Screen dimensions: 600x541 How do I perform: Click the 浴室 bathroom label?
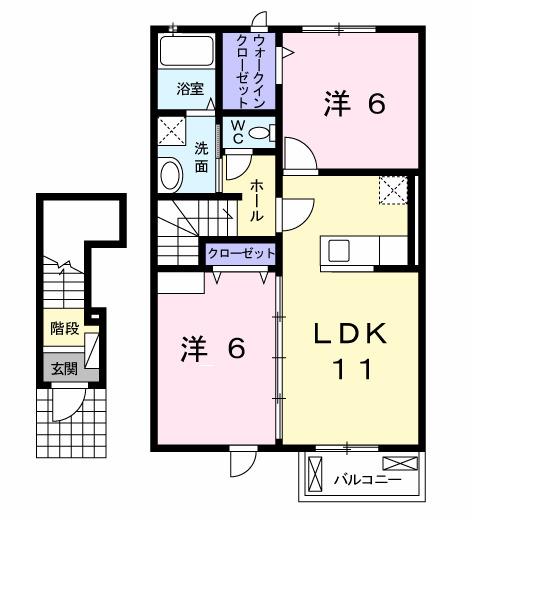click(190, 88)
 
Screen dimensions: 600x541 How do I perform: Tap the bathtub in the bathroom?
click(187, 52)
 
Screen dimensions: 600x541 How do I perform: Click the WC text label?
click(238, 131)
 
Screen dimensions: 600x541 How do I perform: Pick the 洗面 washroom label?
click(202, 157)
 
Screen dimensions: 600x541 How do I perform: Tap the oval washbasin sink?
click(171, 176)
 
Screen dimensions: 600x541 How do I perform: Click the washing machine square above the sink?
click(172, 131)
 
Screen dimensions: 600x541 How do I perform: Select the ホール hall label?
click(257, 200)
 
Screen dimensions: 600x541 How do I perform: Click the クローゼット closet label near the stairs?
click(240, 255)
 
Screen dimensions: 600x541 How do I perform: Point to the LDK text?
click(349, 333)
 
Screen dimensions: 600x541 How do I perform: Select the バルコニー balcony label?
click(367, 481)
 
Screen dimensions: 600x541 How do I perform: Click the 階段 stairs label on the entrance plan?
click(63, 329)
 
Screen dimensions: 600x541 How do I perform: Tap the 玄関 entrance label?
click(63, 367)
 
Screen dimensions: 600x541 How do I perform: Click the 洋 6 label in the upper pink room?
click(353, 104)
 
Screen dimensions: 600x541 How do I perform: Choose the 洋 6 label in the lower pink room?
click(212, 348)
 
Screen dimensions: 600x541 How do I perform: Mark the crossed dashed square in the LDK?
click(393, 190)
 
